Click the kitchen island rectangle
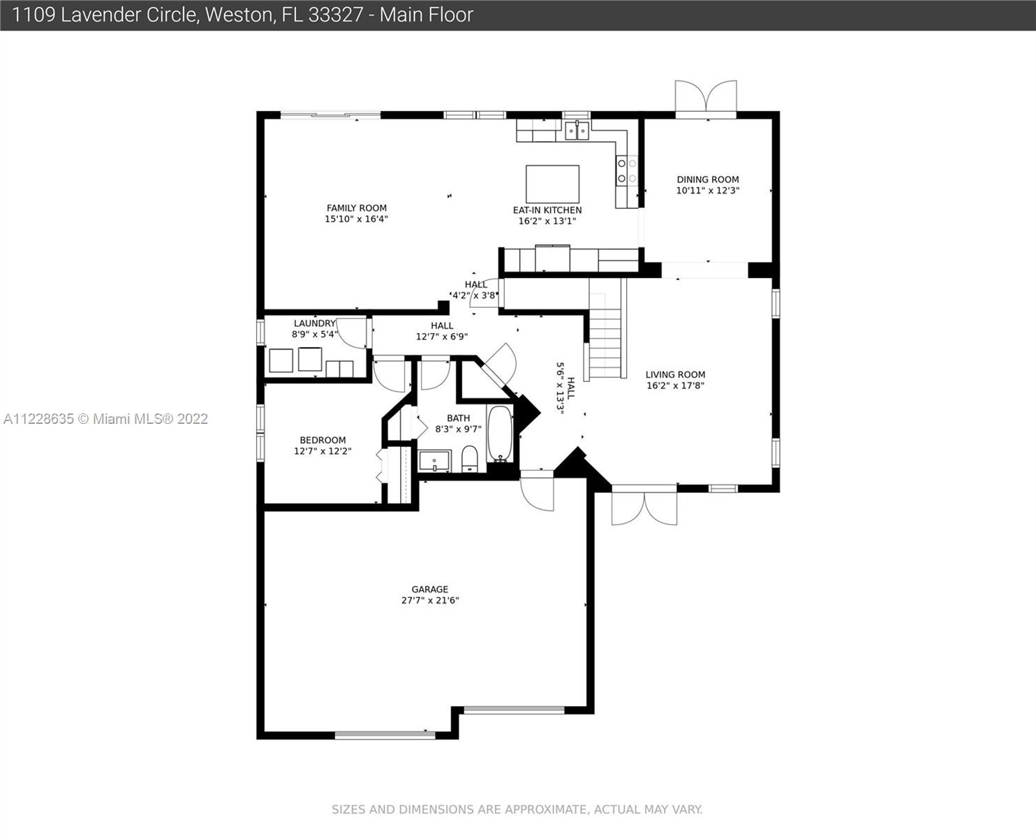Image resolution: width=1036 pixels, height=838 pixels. pos(552,184)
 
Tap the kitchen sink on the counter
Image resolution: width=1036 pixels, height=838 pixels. pos(577,131)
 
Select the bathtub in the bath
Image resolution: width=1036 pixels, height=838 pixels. pos(500,434)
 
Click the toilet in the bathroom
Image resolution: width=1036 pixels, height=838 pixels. pos(469,459)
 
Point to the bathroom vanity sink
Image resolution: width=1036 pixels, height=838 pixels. pos(434,461)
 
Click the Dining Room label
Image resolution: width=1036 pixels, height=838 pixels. pos(708,179)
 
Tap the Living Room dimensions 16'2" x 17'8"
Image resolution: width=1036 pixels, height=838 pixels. pos(675,385)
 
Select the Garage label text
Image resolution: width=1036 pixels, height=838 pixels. pos(430,589)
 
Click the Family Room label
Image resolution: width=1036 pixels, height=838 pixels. pos(357,208)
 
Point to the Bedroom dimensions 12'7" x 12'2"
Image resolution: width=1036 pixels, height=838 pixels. pos(323,451)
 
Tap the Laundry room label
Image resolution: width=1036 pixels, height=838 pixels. pos(315,323)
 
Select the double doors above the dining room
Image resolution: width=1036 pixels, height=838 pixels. pos(706,97)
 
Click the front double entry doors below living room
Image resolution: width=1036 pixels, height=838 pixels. pos(644,506)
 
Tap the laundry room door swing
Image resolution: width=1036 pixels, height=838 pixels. pos(353,332)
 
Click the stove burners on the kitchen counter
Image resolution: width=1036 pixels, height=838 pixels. pos(626,171)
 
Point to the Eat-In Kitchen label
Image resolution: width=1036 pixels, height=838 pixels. pos(547,210)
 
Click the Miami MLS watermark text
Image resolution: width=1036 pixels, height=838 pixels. pos(105,419)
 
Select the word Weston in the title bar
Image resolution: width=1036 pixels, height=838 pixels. pos(239,15)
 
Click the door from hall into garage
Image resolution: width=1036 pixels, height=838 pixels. pos(537,490)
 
